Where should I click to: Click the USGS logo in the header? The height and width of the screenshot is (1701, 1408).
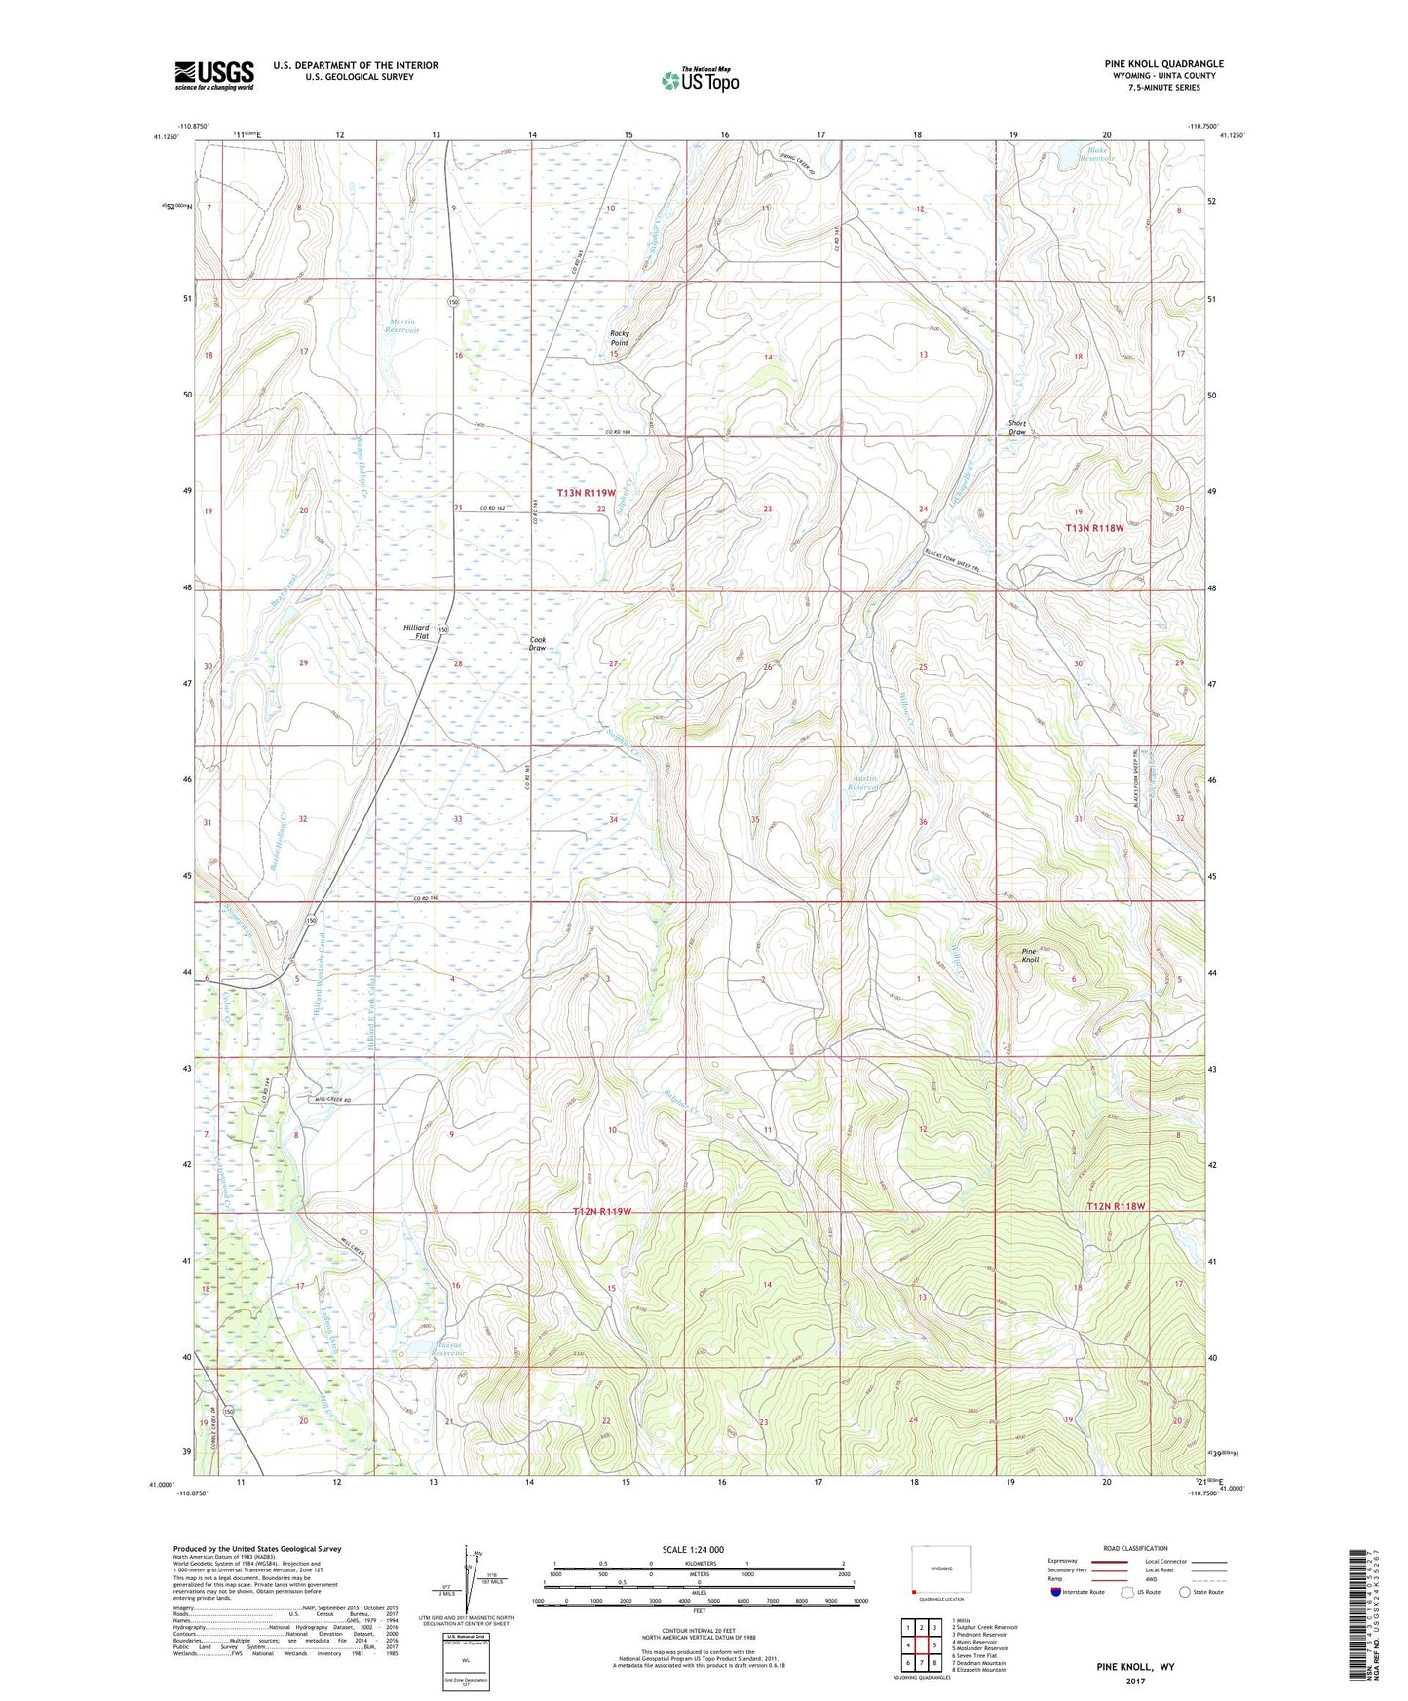(x=214, y=75)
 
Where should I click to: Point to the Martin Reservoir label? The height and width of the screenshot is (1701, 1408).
(x=401, y=325)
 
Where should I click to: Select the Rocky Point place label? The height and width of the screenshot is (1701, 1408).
(x=620, y=337)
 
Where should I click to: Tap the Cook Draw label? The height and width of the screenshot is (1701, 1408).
(x=537, y=643)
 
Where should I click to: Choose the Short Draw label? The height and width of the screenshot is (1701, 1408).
(x=1017, y=427)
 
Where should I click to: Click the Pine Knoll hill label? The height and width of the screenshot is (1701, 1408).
(x=1030, y=955)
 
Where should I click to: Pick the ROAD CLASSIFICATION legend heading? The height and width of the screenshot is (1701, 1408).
(x=1135, y=1548)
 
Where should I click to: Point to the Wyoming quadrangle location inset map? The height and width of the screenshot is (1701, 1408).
(x=940, y=1570)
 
